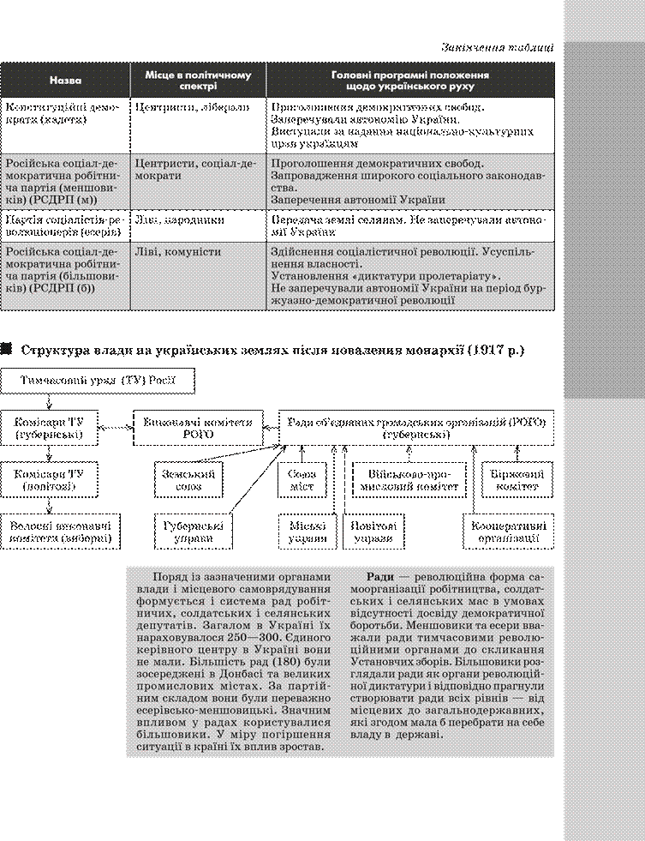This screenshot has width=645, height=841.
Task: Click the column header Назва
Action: [x=66, y=80]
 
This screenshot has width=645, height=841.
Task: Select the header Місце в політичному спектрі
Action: [x=198, y=80]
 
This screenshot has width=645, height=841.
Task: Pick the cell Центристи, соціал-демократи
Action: [x=195, y=169]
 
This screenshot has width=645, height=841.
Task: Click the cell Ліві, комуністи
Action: [x=177, y=252]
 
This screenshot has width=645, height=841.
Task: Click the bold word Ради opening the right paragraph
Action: [x=380, y=577]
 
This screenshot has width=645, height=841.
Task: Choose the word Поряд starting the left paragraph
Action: [x=167, y=577]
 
